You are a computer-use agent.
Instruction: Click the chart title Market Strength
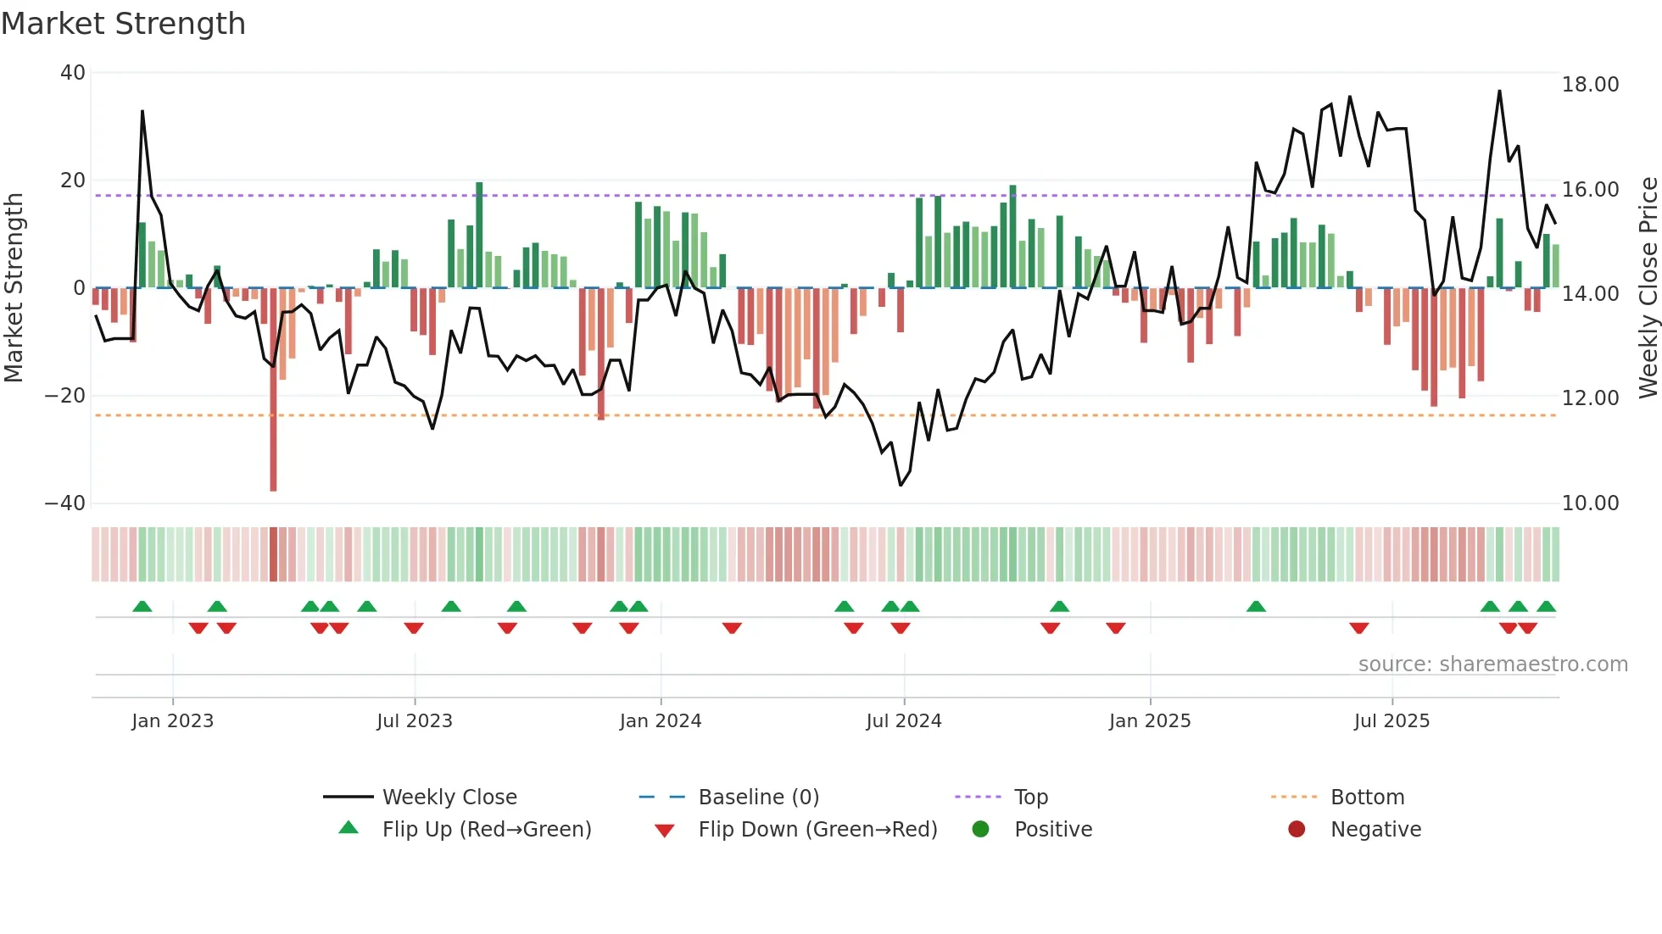coord(123,24)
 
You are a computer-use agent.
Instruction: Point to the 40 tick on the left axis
coord(73,73)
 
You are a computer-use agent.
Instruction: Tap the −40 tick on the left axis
coord(65,503)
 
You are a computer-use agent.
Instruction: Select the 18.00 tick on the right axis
coord(1590,85)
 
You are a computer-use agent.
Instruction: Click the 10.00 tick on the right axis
coord(1590,503)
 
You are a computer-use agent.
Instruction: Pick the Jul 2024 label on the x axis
coord(903,721)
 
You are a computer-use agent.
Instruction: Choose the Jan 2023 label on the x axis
coord(172,721)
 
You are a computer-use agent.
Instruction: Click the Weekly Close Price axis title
coord(1648,288)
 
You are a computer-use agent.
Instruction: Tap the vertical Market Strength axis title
coord(14,288)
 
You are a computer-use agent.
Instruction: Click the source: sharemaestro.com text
coord(1492,664)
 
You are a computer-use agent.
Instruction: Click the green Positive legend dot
coord(980,830)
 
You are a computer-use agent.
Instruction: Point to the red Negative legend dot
coord(1297,830)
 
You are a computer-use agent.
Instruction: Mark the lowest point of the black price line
coord(901,486)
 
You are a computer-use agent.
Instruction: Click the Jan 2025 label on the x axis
coord(1149,721)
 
